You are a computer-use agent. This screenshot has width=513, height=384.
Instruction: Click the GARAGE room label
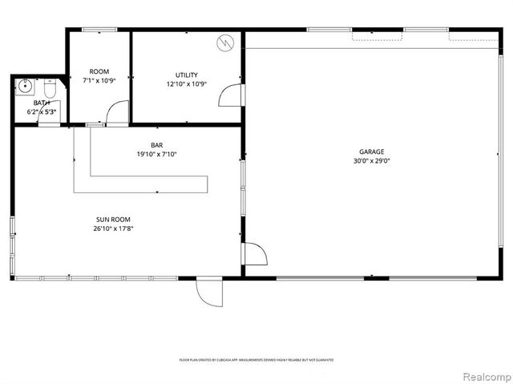click(x=371, y=152)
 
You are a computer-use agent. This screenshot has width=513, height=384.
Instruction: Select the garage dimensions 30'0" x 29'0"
click(x=371, y=160)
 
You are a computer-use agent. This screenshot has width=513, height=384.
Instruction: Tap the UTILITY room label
click(x=186, y=75)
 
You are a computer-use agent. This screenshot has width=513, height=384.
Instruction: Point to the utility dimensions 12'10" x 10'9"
click(x=186, y=84)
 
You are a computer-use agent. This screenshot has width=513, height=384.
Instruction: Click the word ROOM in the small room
click(x=99, y=71)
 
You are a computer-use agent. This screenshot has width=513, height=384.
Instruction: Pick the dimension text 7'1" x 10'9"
click(x=99, y=80)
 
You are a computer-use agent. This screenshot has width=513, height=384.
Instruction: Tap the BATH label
click(x=42, y=103)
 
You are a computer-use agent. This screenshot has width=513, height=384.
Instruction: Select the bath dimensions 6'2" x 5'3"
click(x=42, y=111)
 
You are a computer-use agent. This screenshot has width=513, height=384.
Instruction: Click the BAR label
click(x=156, y=145)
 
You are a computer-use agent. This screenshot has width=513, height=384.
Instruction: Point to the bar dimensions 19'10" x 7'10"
click(x=156, y=154)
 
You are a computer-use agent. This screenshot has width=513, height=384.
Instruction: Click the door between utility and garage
click(x=232, y=97)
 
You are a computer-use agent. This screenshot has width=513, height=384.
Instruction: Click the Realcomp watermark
click(x=485, y=375)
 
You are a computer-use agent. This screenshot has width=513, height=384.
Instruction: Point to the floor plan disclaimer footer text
click(x=256, y=360)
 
